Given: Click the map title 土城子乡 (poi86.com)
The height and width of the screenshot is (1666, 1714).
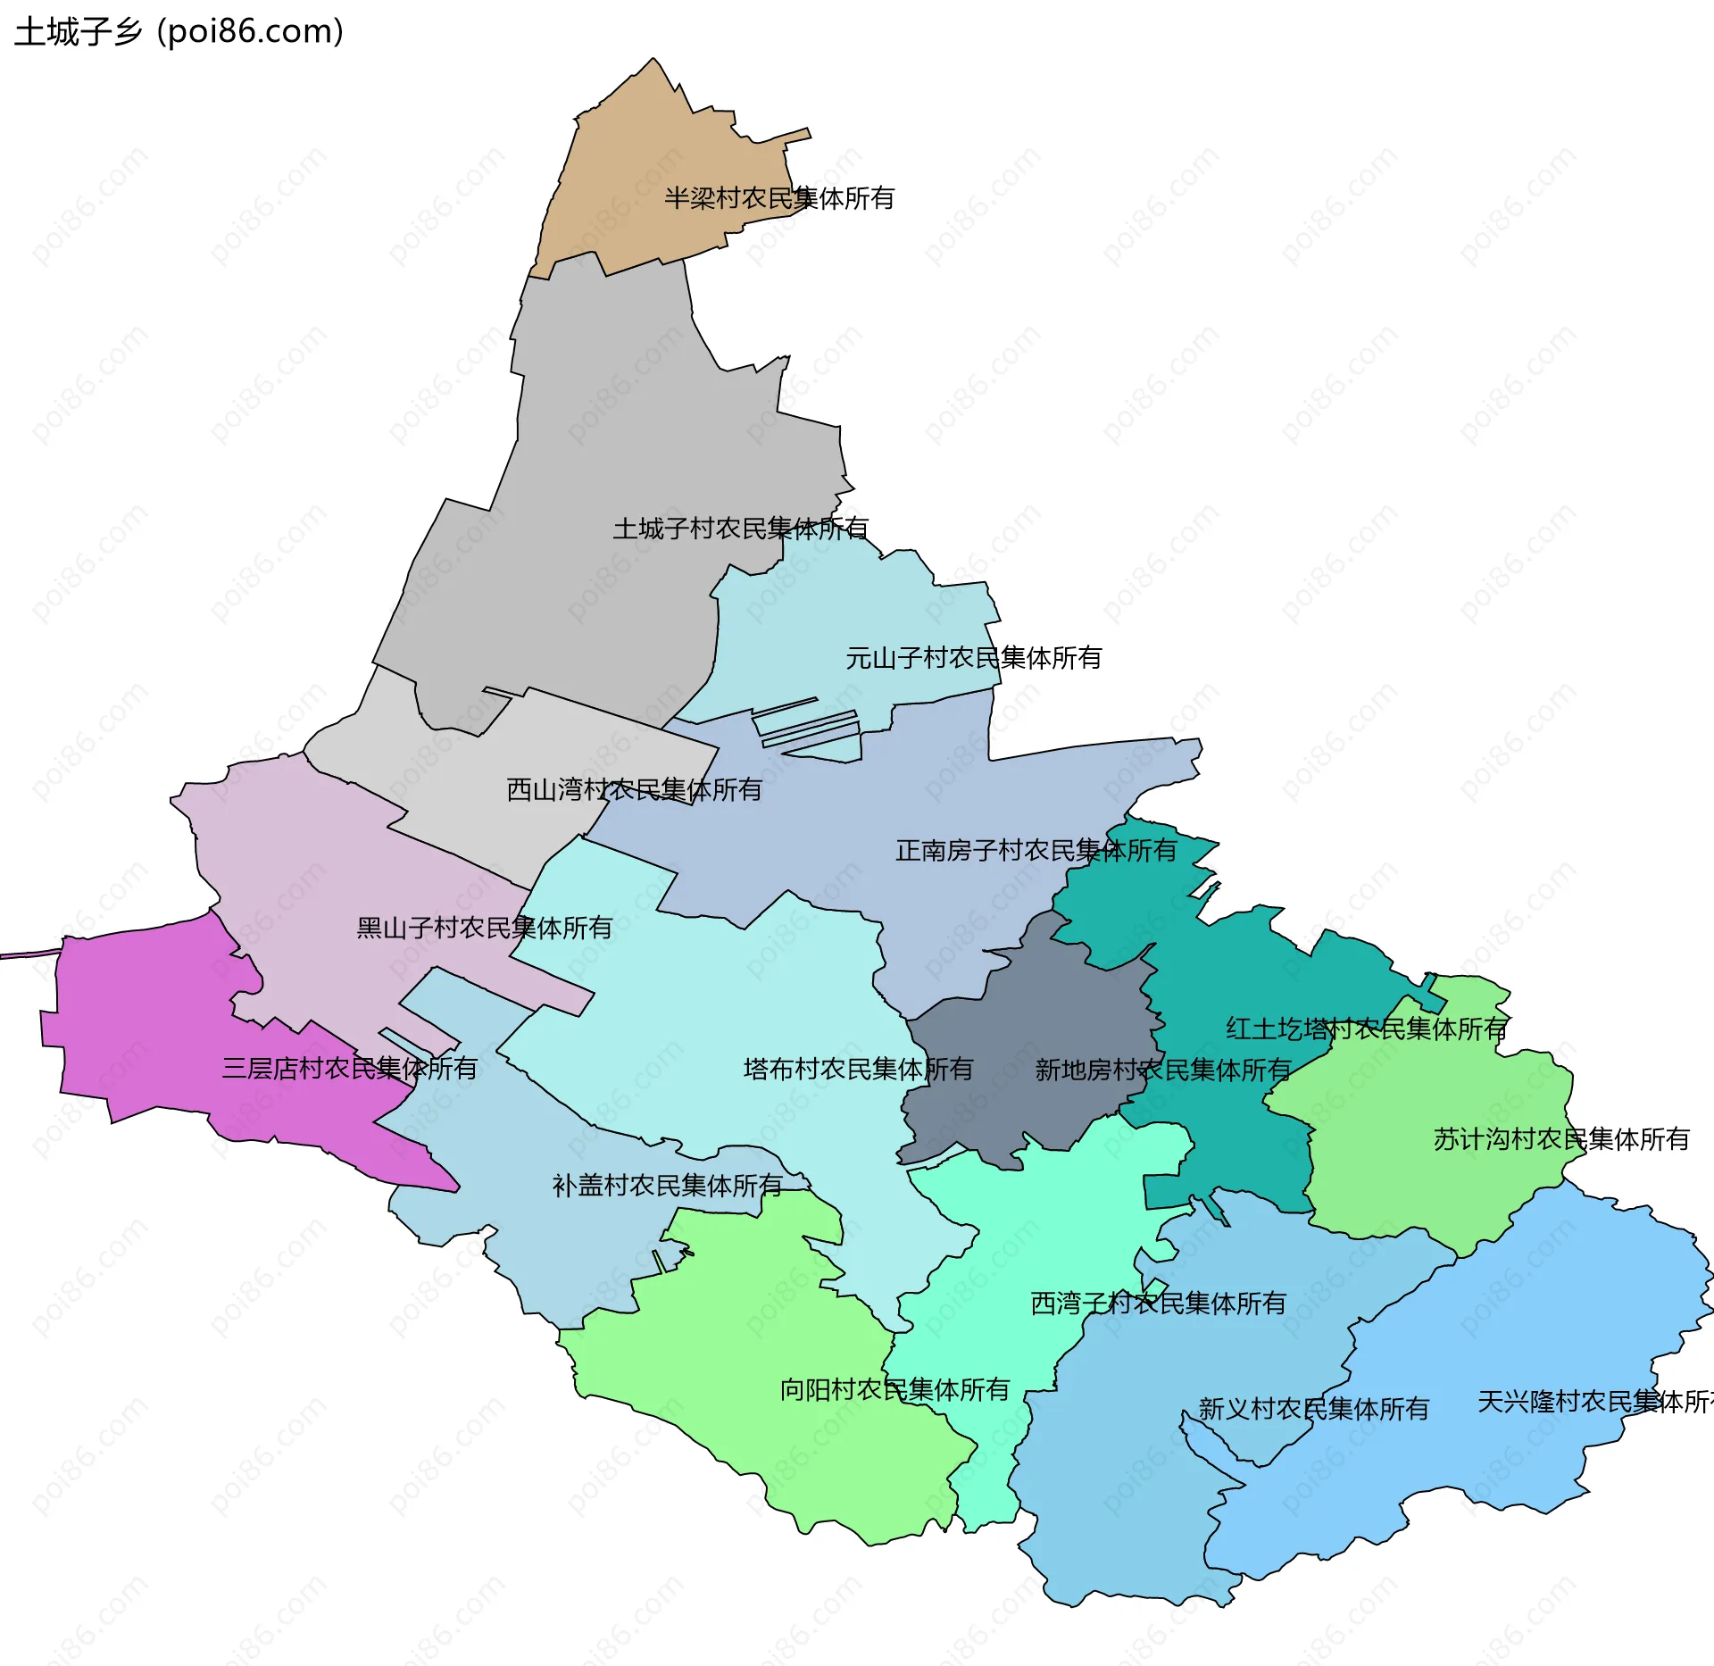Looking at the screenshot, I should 179,32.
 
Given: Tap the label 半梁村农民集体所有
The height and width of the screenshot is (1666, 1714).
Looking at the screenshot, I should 778,198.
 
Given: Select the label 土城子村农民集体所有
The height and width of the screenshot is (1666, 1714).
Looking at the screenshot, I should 740,529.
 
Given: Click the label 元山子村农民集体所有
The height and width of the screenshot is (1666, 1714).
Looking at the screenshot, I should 973,658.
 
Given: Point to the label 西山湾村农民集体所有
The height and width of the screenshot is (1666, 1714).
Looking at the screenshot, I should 634,789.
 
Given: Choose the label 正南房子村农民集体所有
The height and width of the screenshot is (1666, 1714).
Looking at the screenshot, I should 1036,850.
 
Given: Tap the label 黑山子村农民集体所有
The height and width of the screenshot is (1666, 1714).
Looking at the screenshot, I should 484,928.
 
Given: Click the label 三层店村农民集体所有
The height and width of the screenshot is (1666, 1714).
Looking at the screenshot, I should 349,1068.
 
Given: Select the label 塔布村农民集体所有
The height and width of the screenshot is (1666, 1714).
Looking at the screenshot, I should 858,1069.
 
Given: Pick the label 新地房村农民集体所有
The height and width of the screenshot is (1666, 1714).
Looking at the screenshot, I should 1162,1070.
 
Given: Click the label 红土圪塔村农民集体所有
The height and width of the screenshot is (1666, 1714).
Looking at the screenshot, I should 1366,1029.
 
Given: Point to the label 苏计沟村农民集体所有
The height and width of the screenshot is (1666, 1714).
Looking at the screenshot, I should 1560,1139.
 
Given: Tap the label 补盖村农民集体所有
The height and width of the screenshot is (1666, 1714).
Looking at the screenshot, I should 667,1186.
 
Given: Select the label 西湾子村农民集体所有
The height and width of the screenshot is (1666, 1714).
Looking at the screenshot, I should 1158,1304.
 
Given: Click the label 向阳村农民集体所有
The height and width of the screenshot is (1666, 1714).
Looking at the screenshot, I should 894,1389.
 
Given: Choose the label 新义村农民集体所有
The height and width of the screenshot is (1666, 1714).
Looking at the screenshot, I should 1313,1409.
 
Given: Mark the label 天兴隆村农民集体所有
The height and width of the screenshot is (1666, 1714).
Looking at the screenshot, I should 1593,1402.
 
